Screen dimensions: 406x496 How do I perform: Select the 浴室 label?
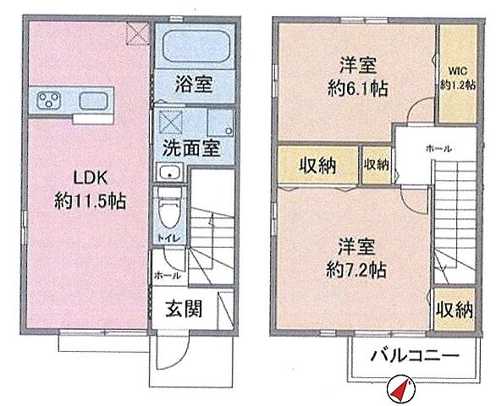tap(194, 85)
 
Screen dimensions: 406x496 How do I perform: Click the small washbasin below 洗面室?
tap(172, 174)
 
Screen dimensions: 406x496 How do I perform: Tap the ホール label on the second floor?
tap(438, 149)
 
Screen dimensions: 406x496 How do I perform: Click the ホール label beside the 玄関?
tap(165, 275)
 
